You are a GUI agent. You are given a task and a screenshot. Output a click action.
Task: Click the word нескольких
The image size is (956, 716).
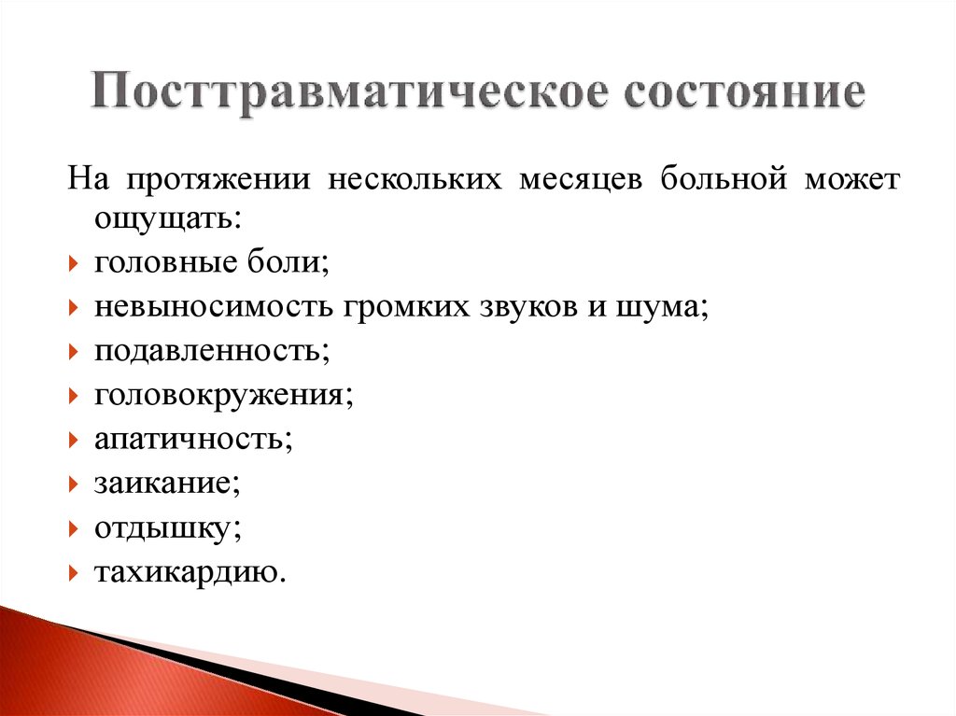click(x=412, y=178)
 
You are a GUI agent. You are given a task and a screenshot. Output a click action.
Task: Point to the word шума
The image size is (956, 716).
click(x=659, y=309)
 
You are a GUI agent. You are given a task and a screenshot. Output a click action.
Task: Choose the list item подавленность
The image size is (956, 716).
click(x=211, y=352)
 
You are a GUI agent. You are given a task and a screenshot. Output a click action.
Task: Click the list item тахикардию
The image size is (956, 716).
click(x=187, y=572)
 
